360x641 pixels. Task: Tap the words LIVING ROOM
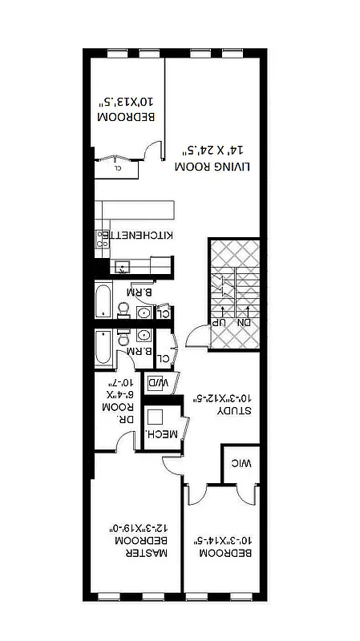[204, 166]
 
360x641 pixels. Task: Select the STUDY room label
[236, 409]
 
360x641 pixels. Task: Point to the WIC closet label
[243, 462]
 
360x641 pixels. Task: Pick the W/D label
[160, 384]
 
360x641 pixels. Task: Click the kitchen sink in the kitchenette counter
[122, 268]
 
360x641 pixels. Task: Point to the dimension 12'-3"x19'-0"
[140, 528]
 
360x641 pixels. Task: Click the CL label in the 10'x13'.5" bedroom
[118, 168]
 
